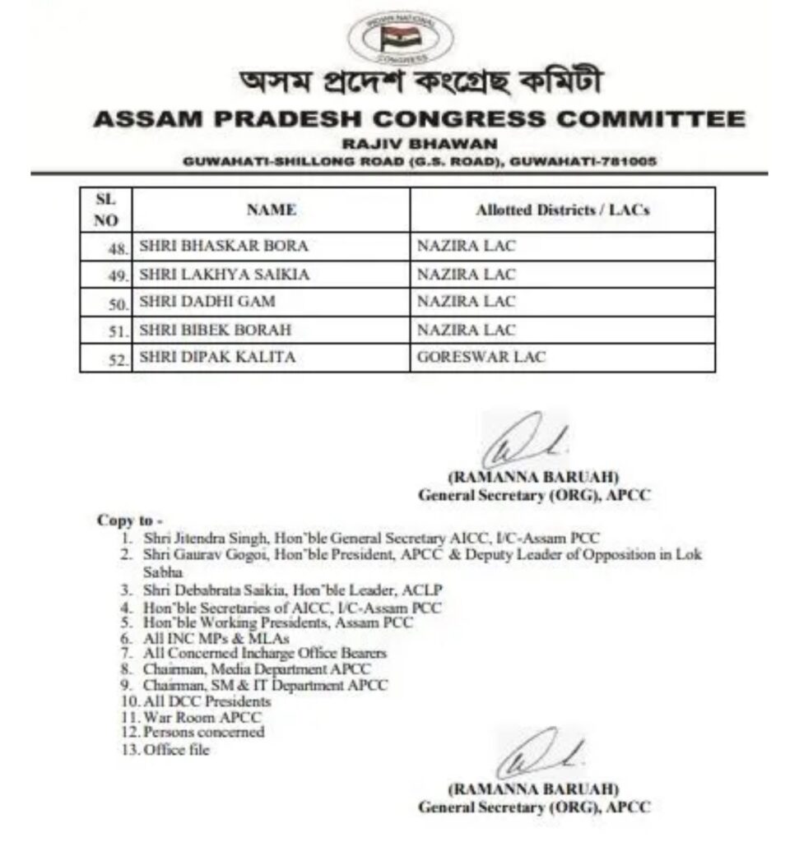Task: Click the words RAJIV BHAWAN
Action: [416, 143]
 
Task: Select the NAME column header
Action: [271, 210]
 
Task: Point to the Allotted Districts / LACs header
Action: [562, 210]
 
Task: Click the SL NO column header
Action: [106, 210]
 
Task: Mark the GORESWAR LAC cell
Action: [481, 358]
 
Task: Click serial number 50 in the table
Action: [119, 304]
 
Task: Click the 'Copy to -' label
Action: [130, 520]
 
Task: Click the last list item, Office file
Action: [176, 750]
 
